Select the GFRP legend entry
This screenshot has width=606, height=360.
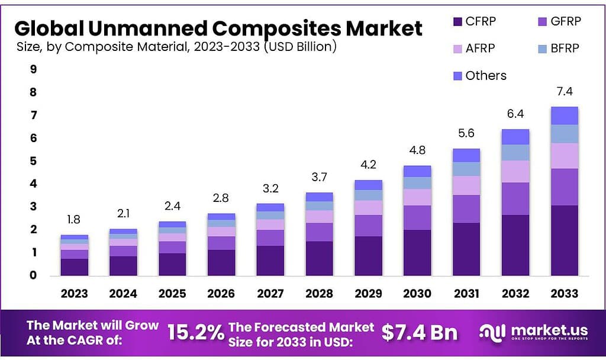click(565, 22)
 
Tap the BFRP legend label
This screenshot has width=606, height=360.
click(565, 48)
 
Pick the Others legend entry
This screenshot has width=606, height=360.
click(485, 76)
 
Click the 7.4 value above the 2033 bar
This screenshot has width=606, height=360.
click(564, 92)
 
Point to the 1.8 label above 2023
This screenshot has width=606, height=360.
click(74, 220)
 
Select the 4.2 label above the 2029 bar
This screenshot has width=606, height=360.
click(369, 165)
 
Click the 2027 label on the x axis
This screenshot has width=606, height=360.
click(270, 294)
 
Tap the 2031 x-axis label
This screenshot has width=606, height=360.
click(466, 294)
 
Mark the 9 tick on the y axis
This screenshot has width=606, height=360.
click(33, 69)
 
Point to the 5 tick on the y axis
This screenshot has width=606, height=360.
click(33, 161)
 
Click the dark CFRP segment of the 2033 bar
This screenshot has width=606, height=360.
click(564, 240)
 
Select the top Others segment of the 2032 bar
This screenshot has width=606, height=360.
click(515, 137)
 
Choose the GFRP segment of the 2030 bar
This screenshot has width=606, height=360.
click(417, 217)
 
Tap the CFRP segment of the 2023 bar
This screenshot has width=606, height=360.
click(74, 267)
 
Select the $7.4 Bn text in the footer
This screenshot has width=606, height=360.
click(419, 333)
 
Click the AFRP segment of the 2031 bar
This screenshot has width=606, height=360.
click(466, 185)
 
